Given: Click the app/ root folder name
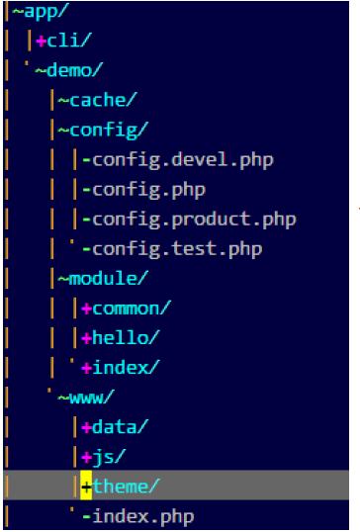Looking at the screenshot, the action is point(44,12).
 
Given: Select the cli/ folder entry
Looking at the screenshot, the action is point(69,42).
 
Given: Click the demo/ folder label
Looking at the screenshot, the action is point(74,70).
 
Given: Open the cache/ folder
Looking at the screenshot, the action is point(103,100).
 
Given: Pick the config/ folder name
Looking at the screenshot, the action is point(109,131).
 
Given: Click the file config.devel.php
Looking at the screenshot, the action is point(183,160).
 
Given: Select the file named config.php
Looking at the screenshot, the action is point(149,190).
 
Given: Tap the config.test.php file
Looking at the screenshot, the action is point(177,250).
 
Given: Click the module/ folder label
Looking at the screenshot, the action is point(109,279).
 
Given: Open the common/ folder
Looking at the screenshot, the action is point(132,309).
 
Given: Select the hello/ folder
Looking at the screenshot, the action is point(126,338).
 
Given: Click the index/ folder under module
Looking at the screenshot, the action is point(126,368).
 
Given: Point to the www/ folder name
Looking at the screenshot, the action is point(92,398).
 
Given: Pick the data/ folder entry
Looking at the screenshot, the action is point(120,427).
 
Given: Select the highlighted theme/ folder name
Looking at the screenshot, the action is point(126,487).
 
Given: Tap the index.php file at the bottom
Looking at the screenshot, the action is point(143,517).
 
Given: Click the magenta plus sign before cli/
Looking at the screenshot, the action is point(42,42).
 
